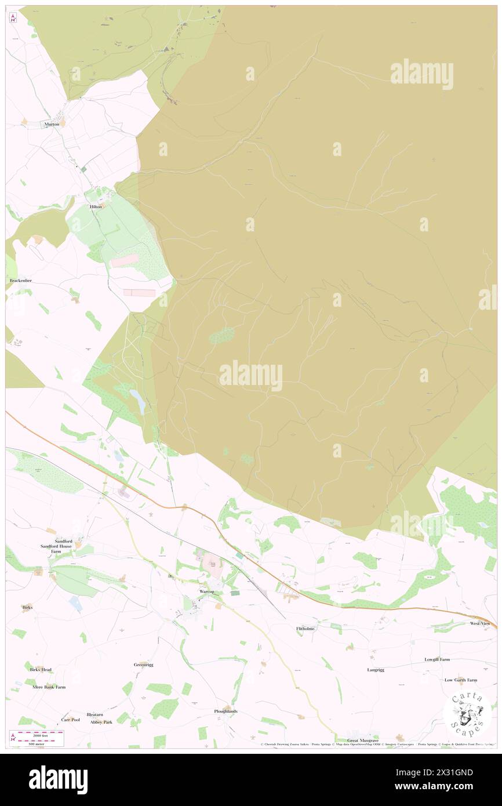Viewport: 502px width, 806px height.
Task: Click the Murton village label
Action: [x=52, y=124]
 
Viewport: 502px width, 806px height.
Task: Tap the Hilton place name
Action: [x=96, y=206]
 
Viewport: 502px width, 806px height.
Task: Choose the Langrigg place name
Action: [x=376, y=670]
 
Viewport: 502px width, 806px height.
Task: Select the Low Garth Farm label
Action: [x=461, y=680]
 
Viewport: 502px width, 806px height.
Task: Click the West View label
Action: [x=480, y=623]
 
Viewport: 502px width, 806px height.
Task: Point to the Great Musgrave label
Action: [x=362, y=740]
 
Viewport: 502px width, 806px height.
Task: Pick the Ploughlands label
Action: [x=225, y=711]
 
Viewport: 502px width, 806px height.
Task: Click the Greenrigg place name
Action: [x=144, y=665]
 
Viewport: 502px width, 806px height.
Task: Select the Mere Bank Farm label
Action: [x=49, y=687]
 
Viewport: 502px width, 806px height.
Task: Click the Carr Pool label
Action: [x=70, y=719]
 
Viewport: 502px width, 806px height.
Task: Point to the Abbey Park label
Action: [x=101, y=722]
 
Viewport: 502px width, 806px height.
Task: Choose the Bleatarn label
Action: [x=95, y=714]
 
